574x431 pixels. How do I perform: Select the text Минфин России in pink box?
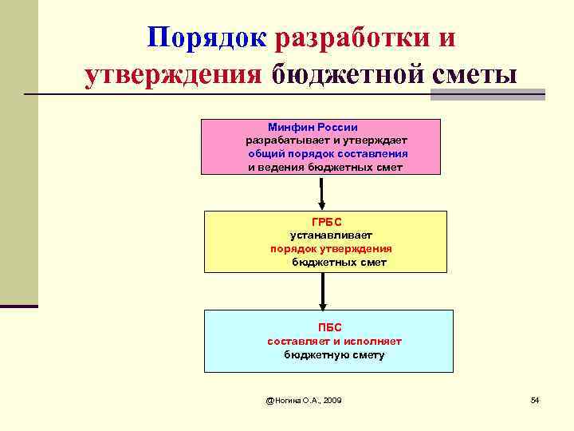pos(313,127)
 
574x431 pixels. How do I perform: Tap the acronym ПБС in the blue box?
pos(328,327)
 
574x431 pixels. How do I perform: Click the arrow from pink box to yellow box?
pos(321,192)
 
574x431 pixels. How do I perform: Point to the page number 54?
pos(535,399)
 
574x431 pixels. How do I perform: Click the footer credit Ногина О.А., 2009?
pos(305,399)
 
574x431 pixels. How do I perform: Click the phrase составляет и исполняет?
pos(334,341)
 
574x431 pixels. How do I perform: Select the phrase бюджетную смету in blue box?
pos(334,354)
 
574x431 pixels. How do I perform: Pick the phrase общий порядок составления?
pos(328,154)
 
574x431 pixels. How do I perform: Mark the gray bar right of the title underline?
pos(487,94)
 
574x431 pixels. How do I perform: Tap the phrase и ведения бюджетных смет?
pos(325,168)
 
